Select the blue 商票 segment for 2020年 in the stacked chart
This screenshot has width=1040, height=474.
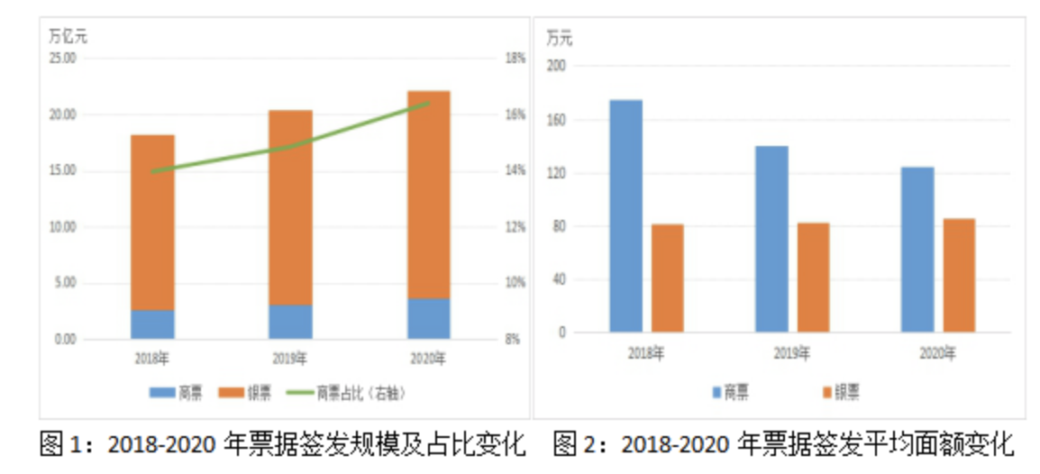click(428, 318)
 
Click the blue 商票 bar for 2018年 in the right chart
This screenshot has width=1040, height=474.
click(625, 215)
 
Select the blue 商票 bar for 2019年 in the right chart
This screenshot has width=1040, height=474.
click(771, 239)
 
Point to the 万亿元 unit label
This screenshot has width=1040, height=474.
click(68, 37)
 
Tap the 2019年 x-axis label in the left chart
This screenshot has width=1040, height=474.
click(289, 359)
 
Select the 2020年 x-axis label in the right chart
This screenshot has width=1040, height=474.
click(937, 353)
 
